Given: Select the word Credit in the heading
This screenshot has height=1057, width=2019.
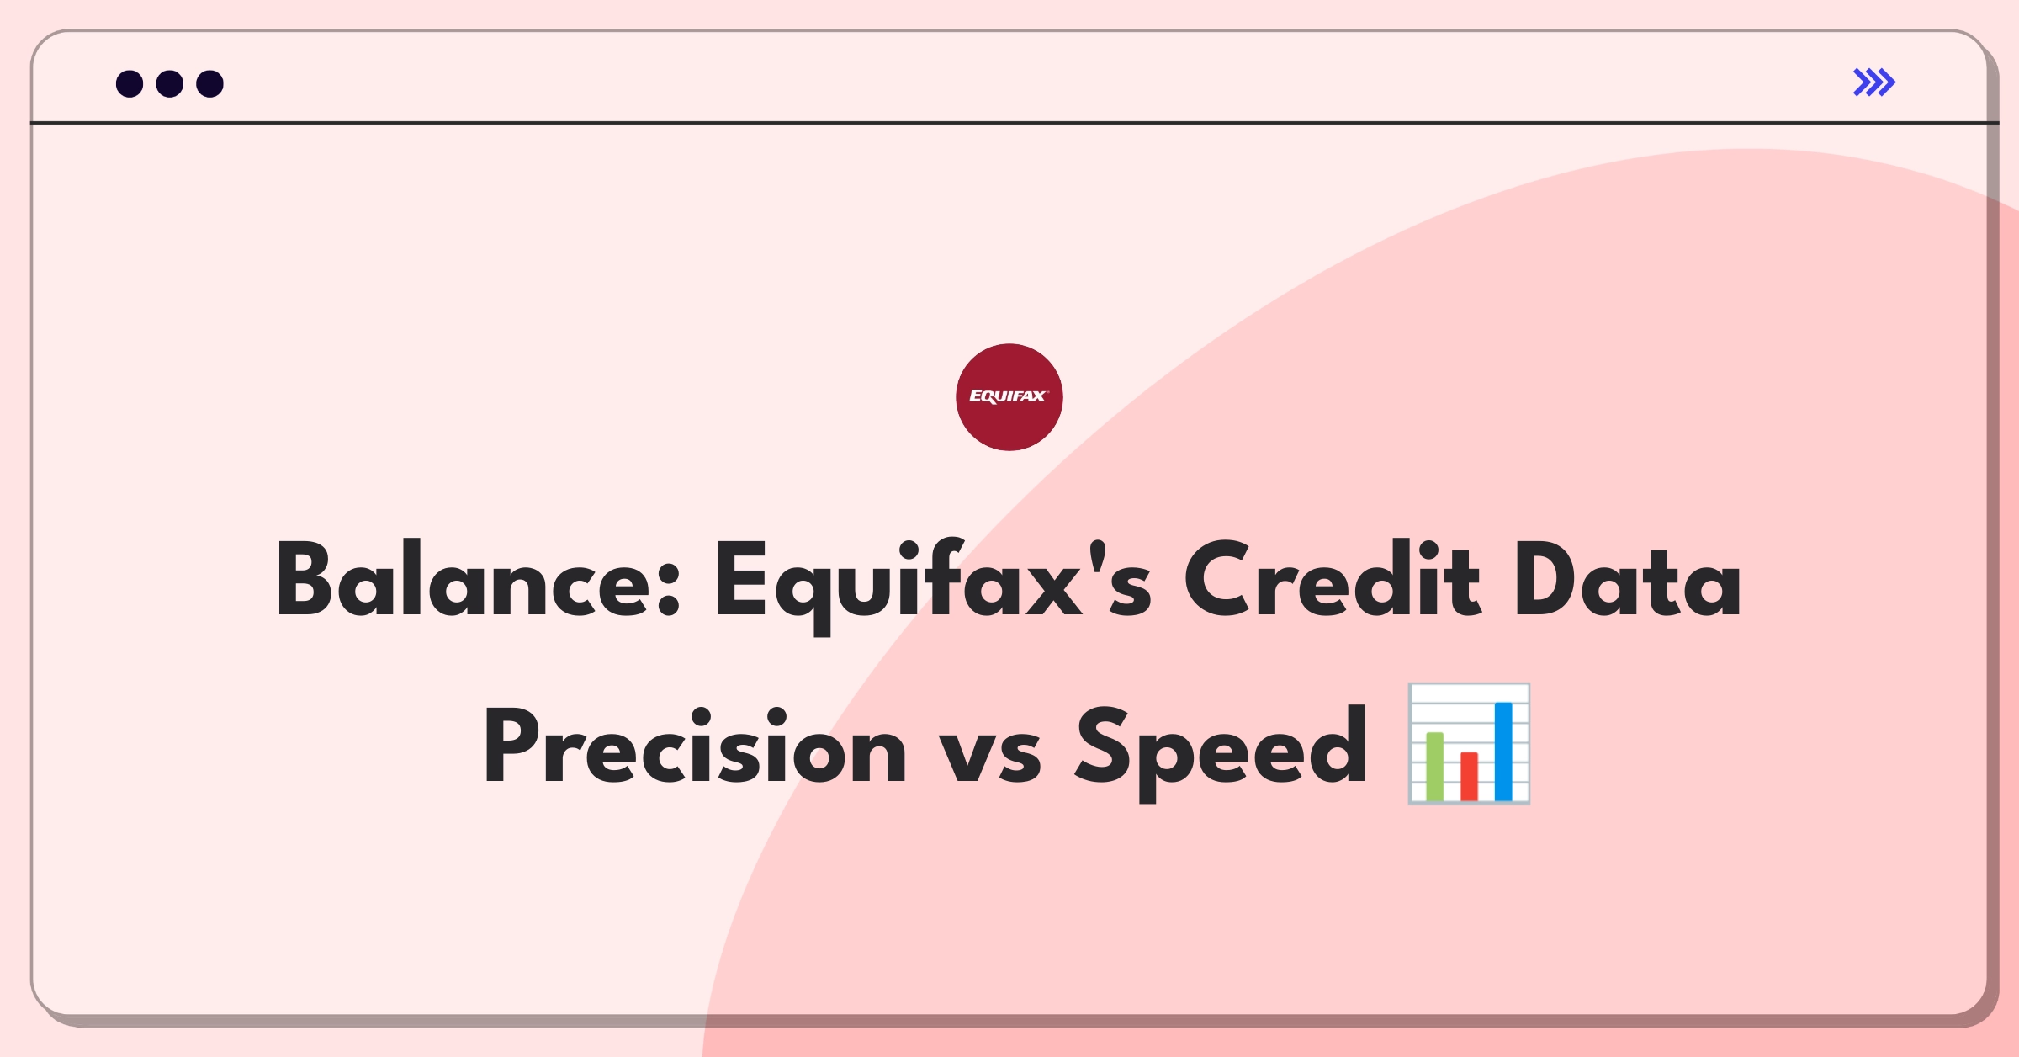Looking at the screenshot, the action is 1332,579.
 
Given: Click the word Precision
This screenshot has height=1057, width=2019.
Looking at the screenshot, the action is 694,746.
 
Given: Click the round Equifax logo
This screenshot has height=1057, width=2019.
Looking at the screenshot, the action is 1010,397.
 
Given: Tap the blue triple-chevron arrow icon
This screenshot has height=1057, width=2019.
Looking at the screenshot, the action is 1874,82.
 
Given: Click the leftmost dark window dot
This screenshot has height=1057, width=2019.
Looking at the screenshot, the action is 130,83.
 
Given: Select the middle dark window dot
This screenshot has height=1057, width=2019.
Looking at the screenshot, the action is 170,83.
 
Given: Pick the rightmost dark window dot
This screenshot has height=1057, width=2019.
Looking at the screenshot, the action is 209,83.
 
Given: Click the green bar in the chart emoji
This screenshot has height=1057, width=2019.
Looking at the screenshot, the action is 1435,766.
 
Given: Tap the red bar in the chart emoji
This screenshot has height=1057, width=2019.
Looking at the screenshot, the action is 1469,776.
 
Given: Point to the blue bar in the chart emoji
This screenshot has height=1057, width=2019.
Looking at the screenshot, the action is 1503,751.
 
